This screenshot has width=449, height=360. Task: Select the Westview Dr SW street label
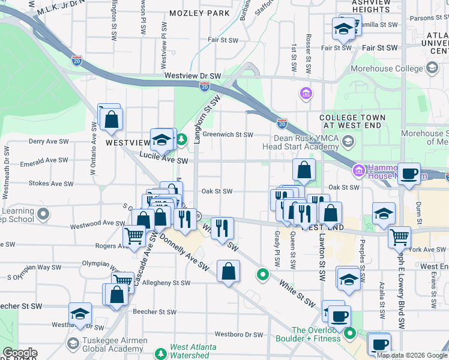pyautogui.click(x=193, y=76)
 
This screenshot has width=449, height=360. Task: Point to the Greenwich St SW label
pyautogui.click(x=228, y=135)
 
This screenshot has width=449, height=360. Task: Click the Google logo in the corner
pyautogui.click(x=19, y=353)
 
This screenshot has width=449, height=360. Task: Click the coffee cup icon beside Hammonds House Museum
pyautogui.click(x=409, y=173)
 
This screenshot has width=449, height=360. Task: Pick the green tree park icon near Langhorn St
pyautogui.click(x=182, y=140)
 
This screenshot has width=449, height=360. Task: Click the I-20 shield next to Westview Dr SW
pyautogui.click(x=205, y=87)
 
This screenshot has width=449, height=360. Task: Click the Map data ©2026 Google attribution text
pyautogui.click(x=411, y=355)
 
